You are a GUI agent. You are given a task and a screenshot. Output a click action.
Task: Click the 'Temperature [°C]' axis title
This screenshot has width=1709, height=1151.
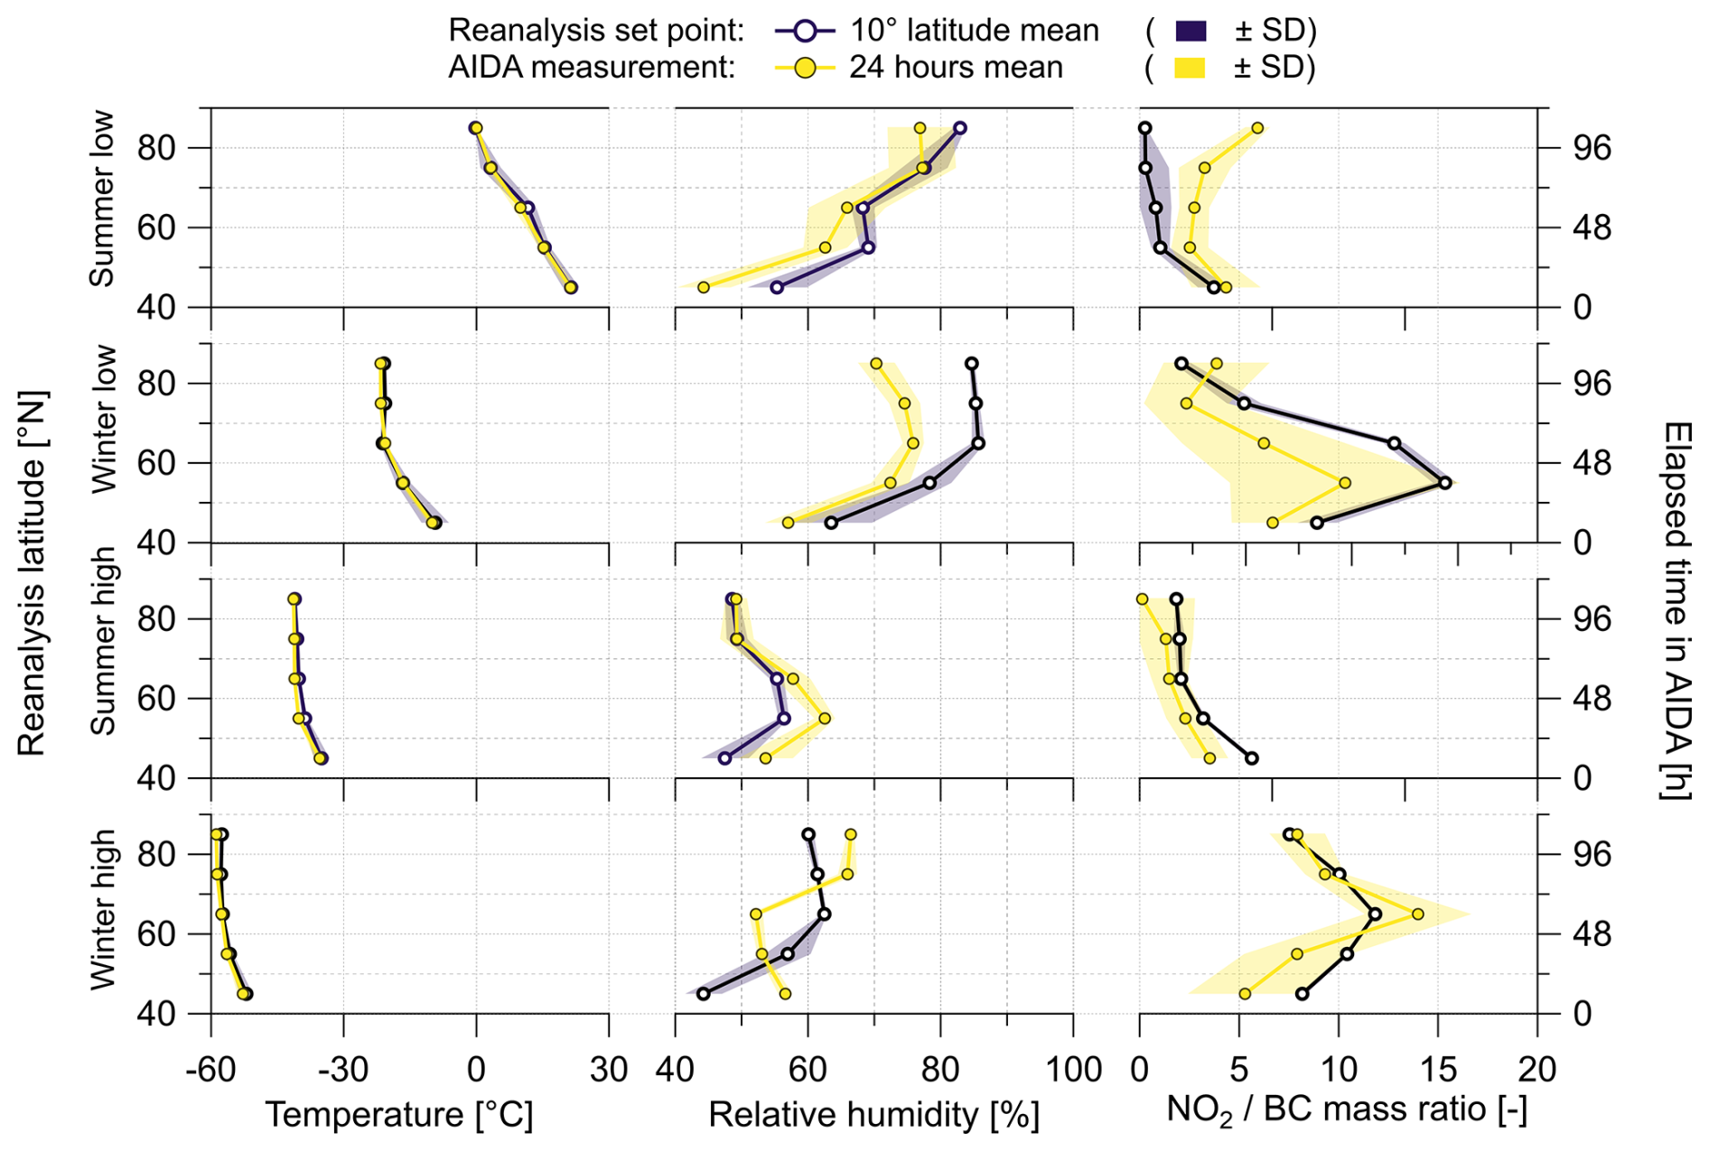[398, 1115]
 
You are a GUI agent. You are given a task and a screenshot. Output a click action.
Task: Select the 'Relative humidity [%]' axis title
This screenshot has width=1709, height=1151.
[873, 1115]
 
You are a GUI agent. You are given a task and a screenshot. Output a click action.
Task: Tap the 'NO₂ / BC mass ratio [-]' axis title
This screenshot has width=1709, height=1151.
[1346, 1109]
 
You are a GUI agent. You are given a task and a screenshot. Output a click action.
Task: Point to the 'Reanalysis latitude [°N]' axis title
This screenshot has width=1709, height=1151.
[32, 573]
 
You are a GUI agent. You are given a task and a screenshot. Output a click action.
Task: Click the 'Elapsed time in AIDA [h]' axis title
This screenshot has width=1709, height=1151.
[1676, 609]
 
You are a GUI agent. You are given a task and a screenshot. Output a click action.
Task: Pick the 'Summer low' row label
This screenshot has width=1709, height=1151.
[103, 199]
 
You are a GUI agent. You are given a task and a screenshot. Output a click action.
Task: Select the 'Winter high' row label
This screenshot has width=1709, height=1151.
[103, 909]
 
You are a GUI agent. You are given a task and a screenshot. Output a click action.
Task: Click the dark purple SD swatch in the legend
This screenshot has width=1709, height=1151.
[1191, 31]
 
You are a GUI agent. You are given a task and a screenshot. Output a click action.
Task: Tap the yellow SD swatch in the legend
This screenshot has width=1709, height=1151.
[1191, 68]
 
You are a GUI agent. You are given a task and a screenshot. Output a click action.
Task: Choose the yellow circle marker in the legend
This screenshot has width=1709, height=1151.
[805, 68]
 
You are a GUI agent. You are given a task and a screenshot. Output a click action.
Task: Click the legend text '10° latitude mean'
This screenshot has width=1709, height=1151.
[974, 31]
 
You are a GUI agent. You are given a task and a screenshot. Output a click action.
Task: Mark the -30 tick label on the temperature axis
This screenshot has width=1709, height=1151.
[343, 1070]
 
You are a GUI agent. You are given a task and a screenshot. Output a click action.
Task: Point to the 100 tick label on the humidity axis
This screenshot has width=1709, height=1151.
[1073, 1070]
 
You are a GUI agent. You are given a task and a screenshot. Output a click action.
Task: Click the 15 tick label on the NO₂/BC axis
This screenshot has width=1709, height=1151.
[1438, 1070]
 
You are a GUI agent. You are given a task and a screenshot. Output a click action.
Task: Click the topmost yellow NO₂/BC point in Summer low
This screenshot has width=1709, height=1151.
[1257, 128]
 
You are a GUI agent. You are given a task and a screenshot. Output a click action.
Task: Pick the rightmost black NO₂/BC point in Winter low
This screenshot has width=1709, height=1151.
[1445, 483]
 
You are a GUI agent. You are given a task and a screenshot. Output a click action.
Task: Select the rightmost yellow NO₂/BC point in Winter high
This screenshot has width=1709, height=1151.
[1417, 914]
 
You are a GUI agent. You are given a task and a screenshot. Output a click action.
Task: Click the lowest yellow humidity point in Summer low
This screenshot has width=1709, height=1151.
[704, 287]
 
